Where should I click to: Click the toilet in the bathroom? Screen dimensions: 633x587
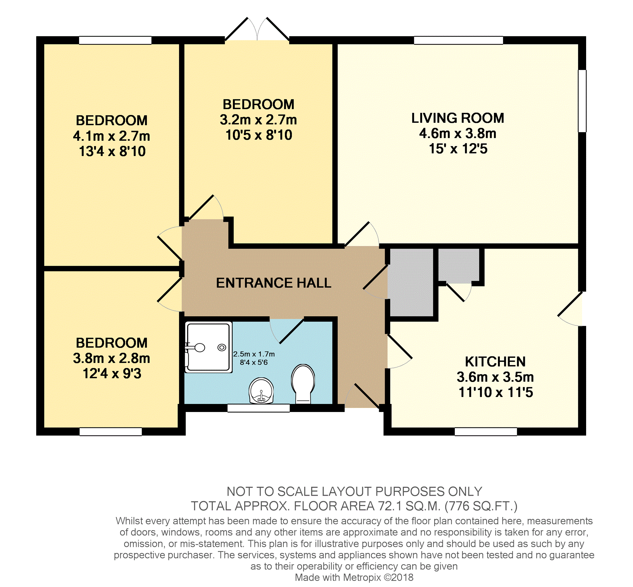tap(303, 384)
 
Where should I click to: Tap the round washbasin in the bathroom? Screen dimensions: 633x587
tap(261, 390)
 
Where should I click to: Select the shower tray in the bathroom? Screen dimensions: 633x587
tap(208, 347)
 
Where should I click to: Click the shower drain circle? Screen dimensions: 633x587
tap(221, 348)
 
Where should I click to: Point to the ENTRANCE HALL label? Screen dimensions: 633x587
tap(274, 283)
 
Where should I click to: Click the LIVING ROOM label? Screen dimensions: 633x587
tap(458, 118)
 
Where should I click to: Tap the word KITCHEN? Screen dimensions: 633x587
tap(495, 361)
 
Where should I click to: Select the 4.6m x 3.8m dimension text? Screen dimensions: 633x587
tap(458, 133)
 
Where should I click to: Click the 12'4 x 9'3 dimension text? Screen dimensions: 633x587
tap(112, 374)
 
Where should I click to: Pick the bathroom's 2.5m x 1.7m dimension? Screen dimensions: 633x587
tap(254, 354)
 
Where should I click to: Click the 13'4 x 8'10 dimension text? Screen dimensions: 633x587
tap(112, 151)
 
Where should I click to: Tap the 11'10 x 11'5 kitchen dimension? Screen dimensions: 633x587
tap(495, 392)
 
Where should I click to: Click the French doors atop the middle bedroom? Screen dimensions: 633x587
tap(257, 30)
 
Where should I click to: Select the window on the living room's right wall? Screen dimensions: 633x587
tap(582, 101)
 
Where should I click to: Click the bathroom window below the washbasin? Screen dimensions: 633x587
tap(259, 408)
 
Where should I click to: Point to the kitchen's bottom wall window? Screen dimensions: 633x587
tap(486, 431)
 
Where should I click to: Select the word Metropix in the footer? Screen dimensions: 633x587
tap(360, 577)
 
